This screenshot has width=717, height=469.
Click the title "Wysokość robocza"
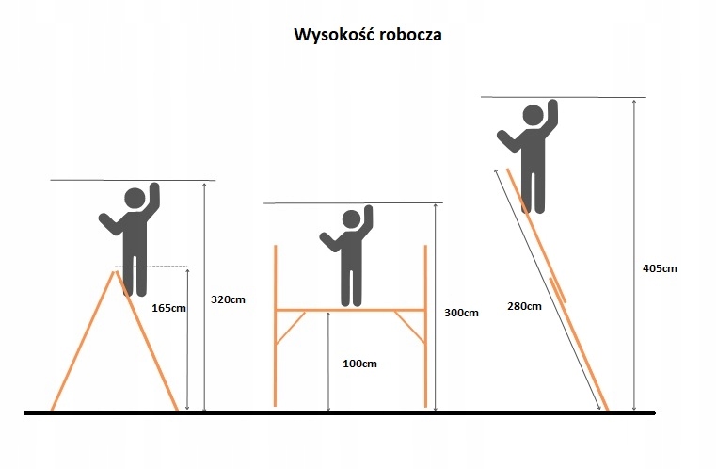tap(368, 36)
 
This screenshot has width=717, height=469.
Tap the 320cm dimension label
tap(230, 299)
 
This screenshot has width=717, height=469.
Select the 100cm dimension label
tap(358, 364)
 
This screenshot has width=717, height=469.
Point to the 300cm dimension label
tap(462, 312)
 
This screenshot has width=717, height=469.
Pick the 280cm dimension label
tap(523, 306)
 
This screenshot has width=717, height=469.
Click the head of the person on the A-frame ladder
tap(135, 200)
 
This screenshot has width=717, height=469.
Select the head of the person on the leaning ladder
tap(533, 117)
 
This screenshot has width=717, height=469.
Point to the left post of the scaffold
tap(276, 325)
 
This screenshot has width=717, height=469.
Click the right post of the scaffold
tap(425, 325)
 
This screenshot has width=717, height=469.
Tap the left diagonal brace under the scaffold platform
tap(292, 326)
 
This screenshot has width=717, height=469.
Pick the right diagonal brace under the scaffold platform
tap(409, 326)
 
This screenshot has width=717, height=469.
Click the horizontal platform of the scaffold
tap(350, 309)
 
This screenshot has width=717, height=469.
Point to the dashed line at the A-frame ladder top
tap(160, 267)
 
